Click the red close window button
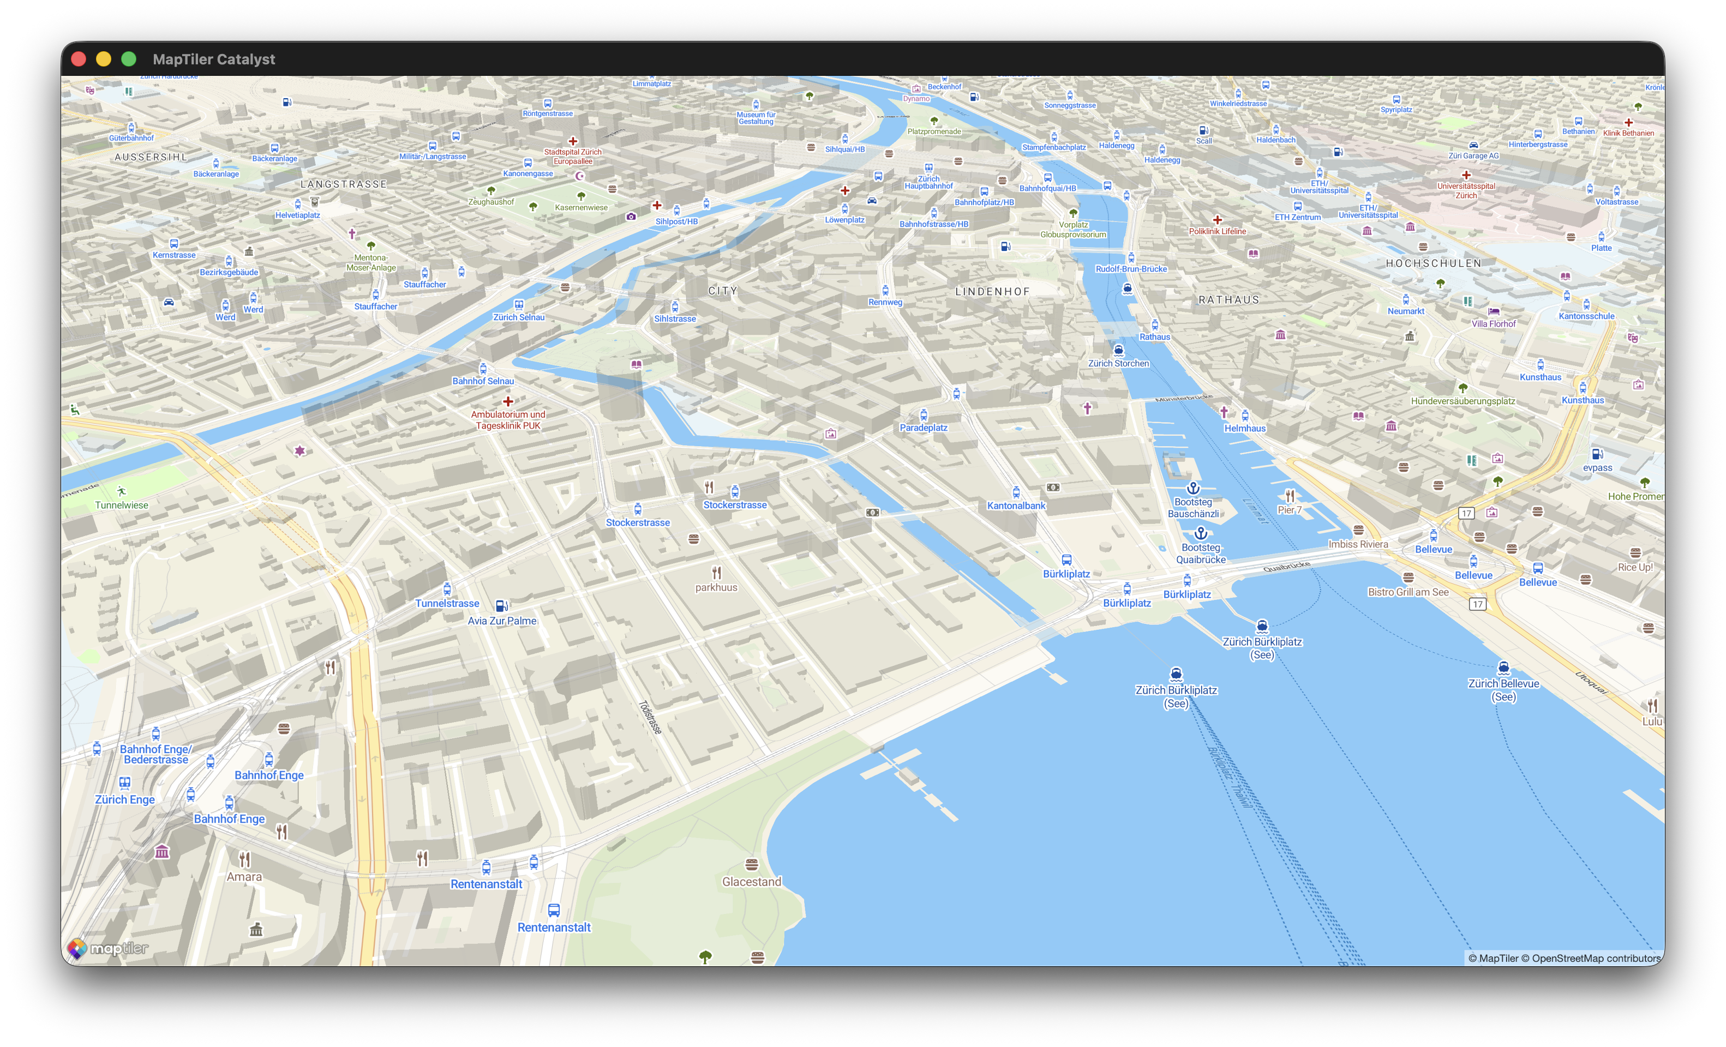[79, 59]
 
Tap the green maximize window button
[129, 59]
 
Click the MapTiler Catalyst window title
[214, 59]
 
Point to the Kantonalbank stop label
[1016, 505]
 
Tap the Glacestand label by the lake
[752, 881]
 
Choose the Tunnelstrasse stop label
[447, 603]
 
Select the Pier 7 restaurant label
[1289, 509]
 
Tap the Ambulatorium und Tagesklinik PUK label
[508, 419]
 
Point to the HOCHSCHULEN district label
[1433, 263]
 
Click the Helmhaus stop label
[1245, 428]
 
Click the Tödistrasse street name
[650, 717]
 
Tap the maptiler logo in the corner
[108, 948]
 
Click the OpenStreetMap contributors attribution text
[1596, 958]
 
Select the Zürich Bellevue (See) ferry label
[1503, 689]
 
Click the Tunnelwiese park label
[122, 504]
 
